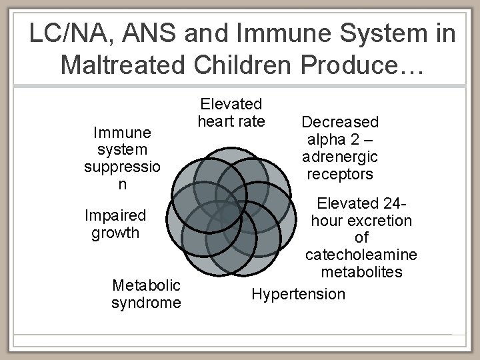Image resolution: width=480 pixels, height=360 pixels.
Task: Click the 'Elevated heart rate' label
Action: point(231,113)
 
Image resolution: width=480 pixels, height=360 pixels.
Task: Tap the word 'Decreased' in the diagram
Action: point(340,122)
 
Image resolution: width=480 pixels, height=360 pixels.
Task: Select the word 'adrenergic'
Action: point(340,157)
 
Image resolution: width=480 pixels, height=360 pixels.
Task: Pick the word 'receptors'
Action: point(340,174)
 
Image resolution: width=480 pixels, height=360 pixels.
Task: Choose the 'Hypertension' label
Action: point(299,294)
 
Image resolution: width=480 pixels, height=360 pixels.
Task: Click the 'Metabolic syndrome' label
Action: point(146,294)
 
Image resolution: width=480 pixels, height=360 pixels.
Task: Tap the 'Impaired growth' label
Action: point(115,224)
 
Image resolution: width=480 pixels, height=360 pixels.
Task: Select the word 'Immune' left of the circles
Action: point(122,133)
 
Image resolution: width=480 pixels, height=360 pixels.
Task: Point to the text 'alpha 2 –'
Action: point(340,139)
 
